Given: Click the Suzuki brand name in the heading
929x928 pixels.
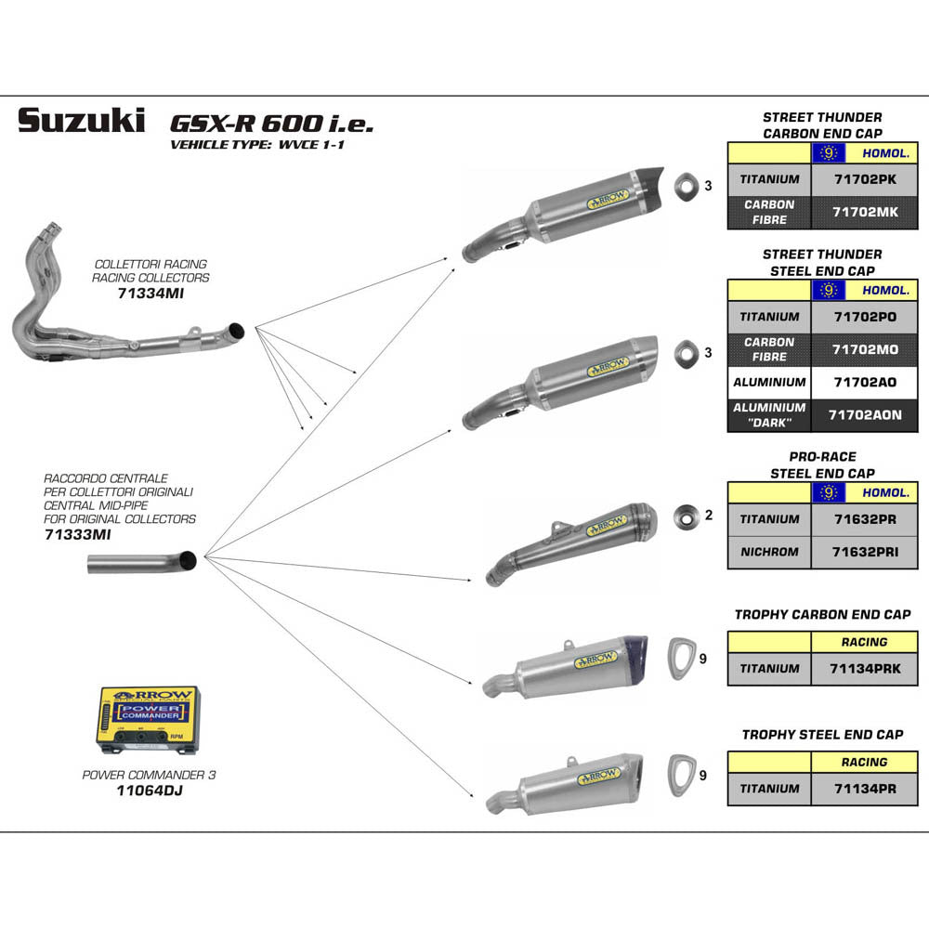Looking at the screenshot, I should pyautogui.click(x=82, y=121).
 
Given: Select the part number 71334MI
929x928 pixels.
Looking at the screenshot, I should pyautogui.click(x=150, y=293).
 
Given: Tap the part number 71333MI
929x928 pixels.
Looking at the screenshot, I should pyautogui.click(x=77, y=534).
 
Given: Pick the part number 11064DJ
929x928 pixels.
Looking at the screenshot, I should pyautogui.click(x=148, y=791).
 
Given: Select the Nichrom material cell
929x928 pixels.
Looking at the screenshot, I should pyautogui.click(x=768, y=552).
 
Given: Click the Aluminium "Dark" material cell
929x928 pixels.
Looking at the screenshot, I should pyautogui.click(x=768, y=415).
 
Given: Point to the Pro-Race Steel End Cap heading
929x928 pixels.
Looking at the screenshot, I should pyautogui.click(x=822, y=464).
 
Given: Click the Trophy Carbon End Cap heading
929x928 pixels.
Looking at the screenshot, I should pyautogui.click(x=822, y=614).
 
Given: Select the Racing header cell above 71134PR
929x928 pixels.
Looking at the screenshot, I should pyautogui.click(x=864, y=762).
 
